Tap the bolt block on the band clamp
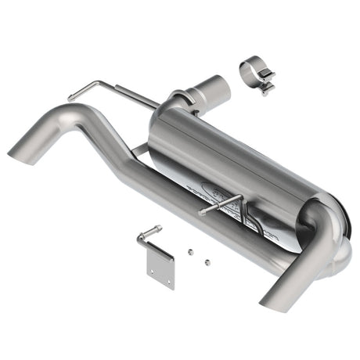click(x=268, y=82)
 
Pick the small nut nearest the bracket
click(x=189, y=251)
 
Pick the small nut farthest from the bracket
click(x=205, y=260)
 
